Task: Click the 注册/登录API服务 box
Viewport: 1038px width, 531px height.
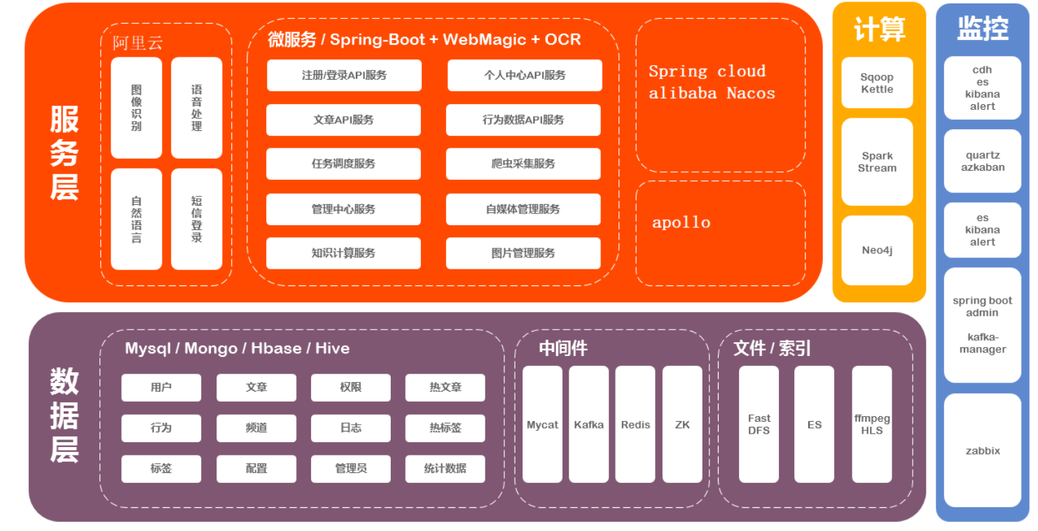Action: pyautogui.click(x=344, y=76)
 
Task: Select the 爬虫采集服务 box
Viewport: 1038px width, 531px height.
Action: pyautogui.click(x=523, y=164)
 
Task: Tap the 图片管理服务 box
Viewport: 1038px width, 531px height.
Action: pyautogui.click(x=523, y=253)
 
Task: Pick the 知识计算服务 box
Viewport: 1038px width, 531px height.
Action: pyautogui.click(x=343, y=253)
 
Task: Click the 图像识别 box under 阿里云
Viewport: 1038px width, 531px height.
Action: pyautogui.click(x=137, y=108)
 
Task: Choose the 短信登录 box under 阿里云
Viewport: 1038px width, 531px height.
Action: pyautogui.click(x=197, y=219)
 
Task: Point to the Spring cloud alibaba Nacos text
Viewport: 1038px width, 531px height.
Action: pyautogui.click(x=712, y=83)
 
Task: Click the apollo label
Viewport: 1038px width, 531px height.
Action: pyautogui.click(x=681, y=222)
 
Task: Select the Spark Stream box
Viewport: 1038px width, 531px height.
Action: pyautogui.click(x=877, y=162)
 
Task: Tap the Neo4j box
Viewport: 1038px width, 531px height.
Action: pyautogui.click(x=877, y=250)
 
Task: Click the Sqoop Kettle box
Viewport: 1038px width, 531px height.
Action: pyautogui.click(x=877, y=83)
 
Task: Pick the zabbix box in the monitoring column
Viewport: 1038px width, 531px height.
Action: pyautogui.click(x=983, y=451)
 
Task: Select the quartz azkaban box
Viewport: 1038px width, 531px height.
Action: pyautogui.click(x=983, y=161)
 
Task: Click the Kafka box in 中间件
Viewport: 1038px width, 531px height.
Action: pyautogui.click(x=588, y=425)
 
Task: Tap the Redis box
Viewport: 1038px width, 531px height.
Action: pyautogui.click(x=635, y=425)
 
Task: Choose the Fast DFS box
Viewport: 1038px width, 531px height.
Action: pyautogui.click(x=759, y=425)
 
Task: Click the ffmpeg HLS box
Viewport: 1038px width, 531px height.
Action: pyautogui.click(x=872, y=425)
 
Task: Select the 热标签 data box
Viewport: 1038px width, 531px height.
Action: pyautogui.click(x=445, y=428)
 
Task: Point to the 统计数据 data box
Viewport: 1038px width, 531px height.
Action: pyautogui.click(x=445, y=469)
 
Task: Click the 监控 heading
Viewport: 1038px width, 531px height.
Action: pyautogui.click(x=983, y=29)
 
